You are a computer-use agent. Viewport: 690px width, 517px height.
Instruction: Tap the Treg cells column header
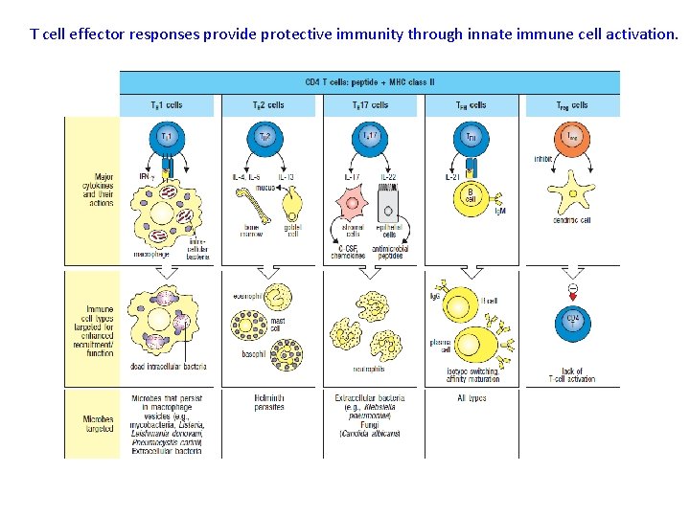(x=572, y=105)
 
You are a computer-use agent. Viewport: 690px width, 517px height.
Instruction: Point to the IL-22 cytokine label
(x=388, y=177)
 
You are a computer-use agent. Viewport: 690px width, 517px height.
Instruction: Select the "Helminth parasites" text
(x=268, y=402)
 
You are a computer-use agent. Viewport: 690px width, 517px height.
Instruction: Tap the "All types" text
(x=471, y=397)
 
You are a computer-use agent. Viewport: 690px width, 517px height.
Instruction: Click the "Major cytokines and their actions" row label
(x=97, y=190)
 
